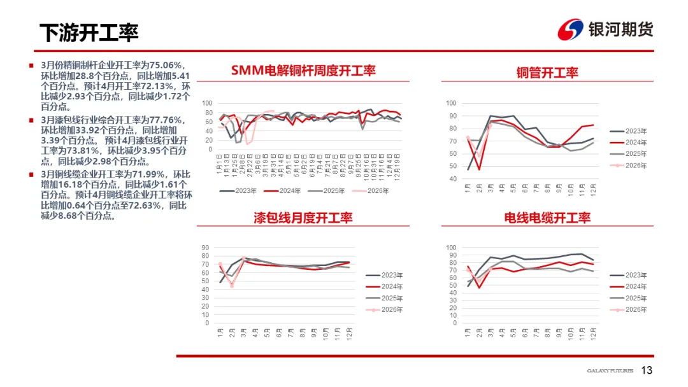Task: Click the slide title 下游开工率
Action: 89,32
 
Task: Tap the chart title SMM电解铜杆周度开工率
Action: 303,71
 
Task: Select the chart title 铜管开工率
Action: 547,73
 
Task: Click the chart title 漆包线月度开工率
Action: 303,218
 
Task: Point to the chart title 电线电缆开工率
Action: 547,218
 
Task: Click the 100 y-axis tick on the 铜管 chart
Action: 452,103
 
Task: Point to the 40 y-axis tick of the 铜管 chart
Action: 453,179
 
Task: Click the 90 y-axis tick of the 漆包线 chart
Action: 206,248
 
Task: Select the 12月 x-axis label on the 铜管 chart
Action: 594,189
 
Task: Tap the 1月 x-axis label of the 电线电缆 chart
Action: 468,333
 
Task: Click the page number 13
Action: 647,370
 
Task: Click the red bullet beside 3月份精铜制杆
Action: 31,65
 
